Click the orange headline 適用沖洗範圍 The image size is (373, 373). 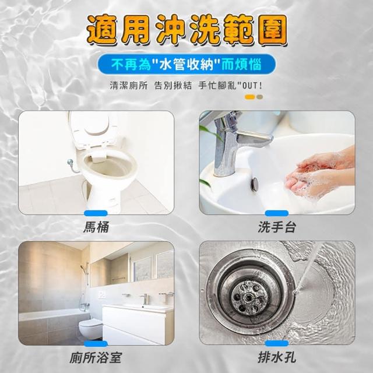[x=187, y=30]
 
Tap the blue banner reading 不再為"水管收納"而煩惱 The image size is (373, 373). [x=186, y=64]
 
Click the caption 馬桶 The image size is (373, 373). [x=96, y=227]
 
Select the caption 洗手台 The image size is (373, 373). [x=277, y=227]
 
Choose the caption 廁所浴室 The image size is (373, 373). [x=96, y=358]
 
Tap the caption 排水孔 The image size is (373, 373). [x=277, y=358]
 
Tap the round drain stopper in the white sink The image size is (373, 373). [x=255, y=183]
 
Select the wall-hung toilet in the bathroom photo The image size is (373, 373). [x=91, y=329]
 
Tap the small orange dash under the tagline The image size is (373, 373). [x=250, y=97]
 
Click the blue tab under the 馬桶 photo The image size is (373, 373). [x=96, y=213]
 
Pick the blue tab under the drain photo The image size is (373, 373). [x=277, y=343]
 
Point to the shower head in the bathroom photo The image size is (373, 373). [x=83, y=267]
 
